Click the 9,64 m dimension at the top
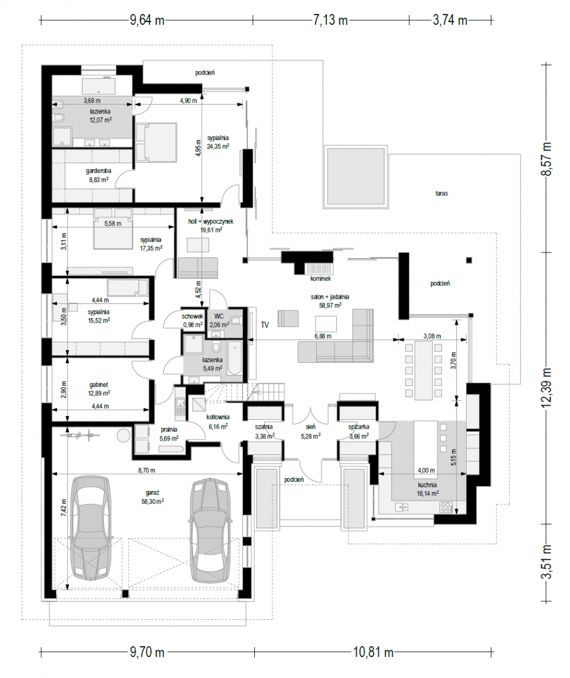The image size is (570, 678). point(147,20)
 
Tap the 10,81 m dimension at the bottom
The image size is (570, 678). point(373,652)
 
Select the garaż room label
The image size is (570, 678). point(152,493)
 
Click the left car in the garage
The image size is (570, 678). point(91,528)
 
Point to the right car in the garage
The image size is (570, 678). point(210,531)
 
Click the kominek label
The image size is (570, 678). point(320,279)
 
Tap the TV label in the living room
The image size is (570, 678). point(265,325)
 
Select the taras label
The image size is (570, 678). point(441,193)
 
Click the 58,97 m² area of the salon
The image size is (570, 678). point(330,305)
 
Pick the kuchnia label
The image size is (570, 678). point(427,485)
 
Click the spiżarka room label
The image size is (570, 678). point(359,427)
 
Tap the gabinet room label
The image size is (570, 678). point(99,385)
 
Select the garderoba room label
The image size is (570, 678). point(98,171)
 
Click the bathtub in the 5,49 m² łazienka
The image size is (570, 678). point(234,358)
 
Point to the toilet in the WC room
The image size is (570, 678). point(237,321)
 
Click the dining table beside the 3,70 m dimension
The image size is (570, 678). point(423,370)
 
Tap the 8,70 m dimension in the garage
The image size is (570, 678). point(146,470)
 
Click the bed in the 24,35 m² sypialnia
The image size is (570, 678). point(156,142)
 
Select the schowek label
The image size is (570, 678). point(193,316)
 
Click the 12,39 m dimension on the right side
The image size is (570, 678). point(546,388)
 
